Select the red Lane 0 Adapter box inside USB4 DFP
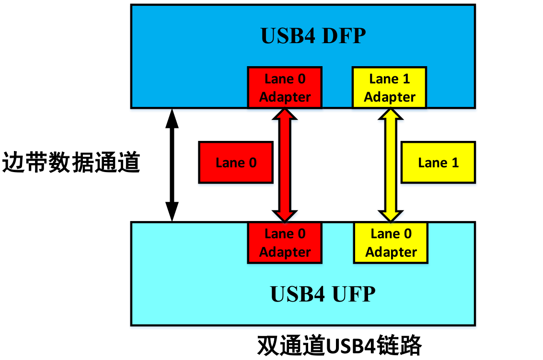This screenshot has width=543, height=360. [285, 88]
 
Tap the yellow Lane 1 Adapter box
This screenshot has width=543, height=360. [389, 88]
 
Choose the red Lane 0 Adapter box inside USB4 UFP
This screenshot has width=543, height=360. [285, 243]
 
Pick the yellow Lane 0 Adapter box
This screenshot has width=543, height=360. [391, 243]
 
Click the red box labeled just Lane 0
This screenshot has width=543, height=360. [236, 163]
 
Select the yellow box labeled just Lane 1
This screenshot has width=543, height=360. [438, 163]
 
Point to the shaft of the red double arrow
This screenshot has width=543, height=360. [285, 165]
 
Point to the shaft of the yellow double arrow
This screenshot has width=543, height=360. [390, 165]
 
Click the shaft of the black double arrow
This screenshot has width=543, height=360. [172, 165]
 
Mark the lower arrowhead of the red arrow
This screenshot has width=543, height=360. [285, 216]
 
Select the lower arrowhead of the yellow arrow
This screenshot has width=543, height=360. [390, 216]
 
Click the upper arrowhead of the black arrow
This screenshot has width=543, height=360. [172, 118]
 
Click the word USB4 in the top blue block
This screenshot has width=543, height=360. [286, 36]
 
